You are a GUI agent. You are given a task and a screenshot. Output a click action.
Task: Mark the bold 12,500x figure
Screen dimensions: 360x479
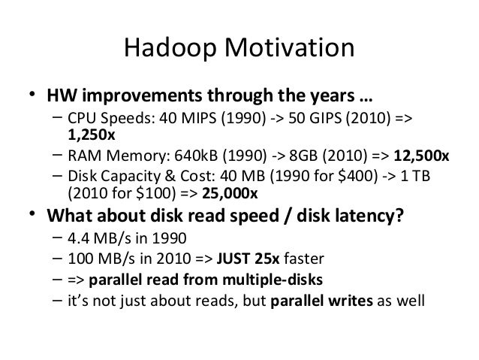pos(421,156)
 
